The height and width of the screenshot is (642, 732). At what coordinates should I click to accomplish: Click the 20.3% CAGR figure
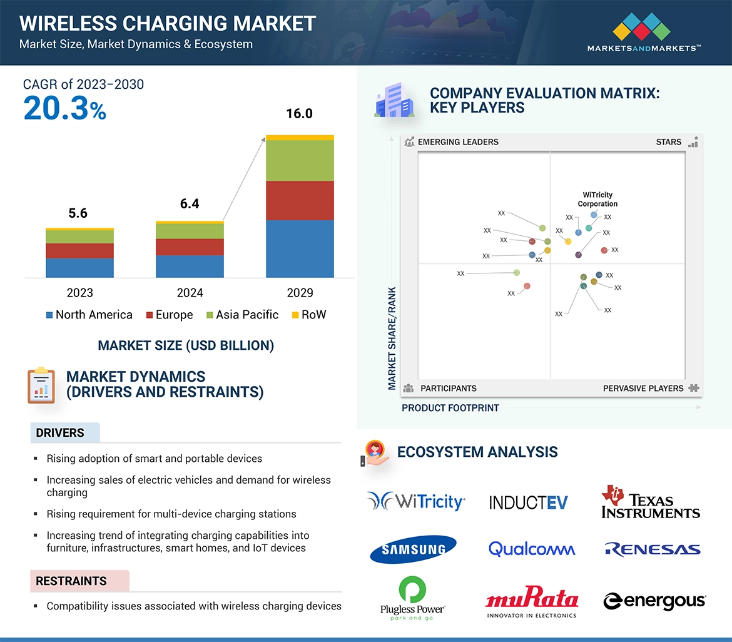pyautogui.click(x=65, y=108)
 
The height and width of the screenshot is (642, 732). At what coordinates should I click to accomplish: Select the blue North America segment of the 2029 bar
pyautogui.click(x=300, y=248)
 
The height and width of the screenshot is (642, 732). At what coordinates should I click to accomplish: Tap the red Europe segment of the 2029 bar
pyautogui.click(x=300, y=200)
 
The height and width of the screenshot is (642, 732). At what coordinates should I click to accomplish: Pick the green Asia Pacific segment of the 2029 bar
pyautogui.click(x=300, y=160)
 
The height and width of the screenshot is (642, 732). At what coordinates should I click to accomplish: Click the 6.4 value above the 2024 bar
pyautogui.click(x=190, y=204)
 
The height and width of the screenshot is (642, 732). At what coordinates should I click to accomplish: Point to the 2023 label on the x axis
pyautogui.click(x=79, y=293)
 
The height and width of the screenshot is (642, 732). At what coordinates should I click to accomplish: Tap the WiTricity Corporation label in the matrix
pyautogui.click(x=597, y=200)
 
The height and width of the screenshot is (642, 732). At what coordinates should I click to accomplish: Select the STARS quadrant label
pyautogui.click(x=668, y=142)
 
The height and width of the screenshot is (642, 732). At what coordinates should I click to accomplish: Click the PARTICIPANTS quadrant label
pyautogui.click(x=448, y=389)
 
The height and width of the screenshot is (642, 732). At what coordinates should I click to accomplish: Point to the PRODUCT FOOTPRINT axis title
pyautogui.click(x=450, y=408)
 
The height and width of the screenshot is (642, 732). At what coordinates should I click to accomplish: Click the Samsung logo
pyautogui.click(x=414, y=549)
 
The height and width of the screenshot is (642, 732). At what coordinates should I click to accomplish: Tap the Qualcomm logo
pyautogui.click(x=532, y=549)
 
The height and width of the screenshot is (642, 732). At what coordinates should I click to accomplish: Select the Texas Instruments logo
pyautogui.click(x=651, y=502)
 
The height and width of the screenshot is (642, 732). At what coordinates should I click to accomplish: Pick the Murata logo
pyautogui.click(x=532, y=602)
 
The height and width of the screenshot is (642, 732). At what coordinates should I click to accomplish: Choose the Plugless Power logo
pyautogui.click(x=412, y=599)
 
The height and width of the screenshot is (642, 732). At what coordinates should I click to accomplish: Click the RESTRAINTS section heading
pyautogui.click(x=71, y=581)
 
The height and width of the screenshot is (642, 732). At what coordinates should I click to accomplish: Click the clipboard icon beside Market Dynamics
pyautogui.click(x=41, y=385)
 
